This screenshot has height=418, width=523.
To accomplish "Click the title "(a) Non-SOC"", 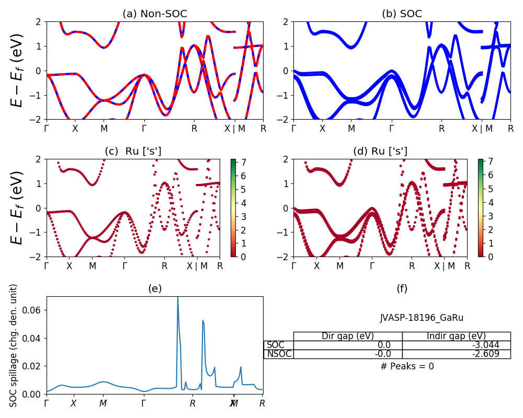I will (154, 14).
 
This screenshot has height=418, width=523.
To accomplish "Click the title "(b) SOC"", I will (402, 14).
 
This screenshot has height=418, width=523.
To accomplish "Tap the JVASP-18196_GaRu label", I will (422, 318).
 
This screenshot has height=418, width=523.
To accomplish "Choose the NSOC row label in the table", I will (278, 354).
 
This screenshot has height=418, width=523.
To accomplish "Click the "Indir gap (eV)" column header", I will (456, 336).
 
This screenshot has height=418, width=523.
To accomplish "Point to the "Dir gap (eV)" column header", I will (348, 336).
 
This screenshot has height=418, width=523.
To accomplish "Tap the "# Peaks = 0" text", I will (407, 366).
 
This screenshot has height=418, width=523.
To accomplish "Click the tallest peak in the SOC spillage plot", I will (178, 298).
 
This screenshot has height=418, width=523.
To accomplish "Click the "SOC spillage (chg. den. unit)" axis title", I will (14, 345).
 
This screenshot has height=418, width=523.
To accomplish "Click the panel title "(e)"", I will (154, 288).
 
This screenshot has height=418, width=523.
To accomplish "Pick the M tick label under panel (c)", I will (93, 266).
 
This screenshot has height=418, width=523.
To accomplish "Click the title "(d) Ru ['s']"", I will (380, 152).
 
